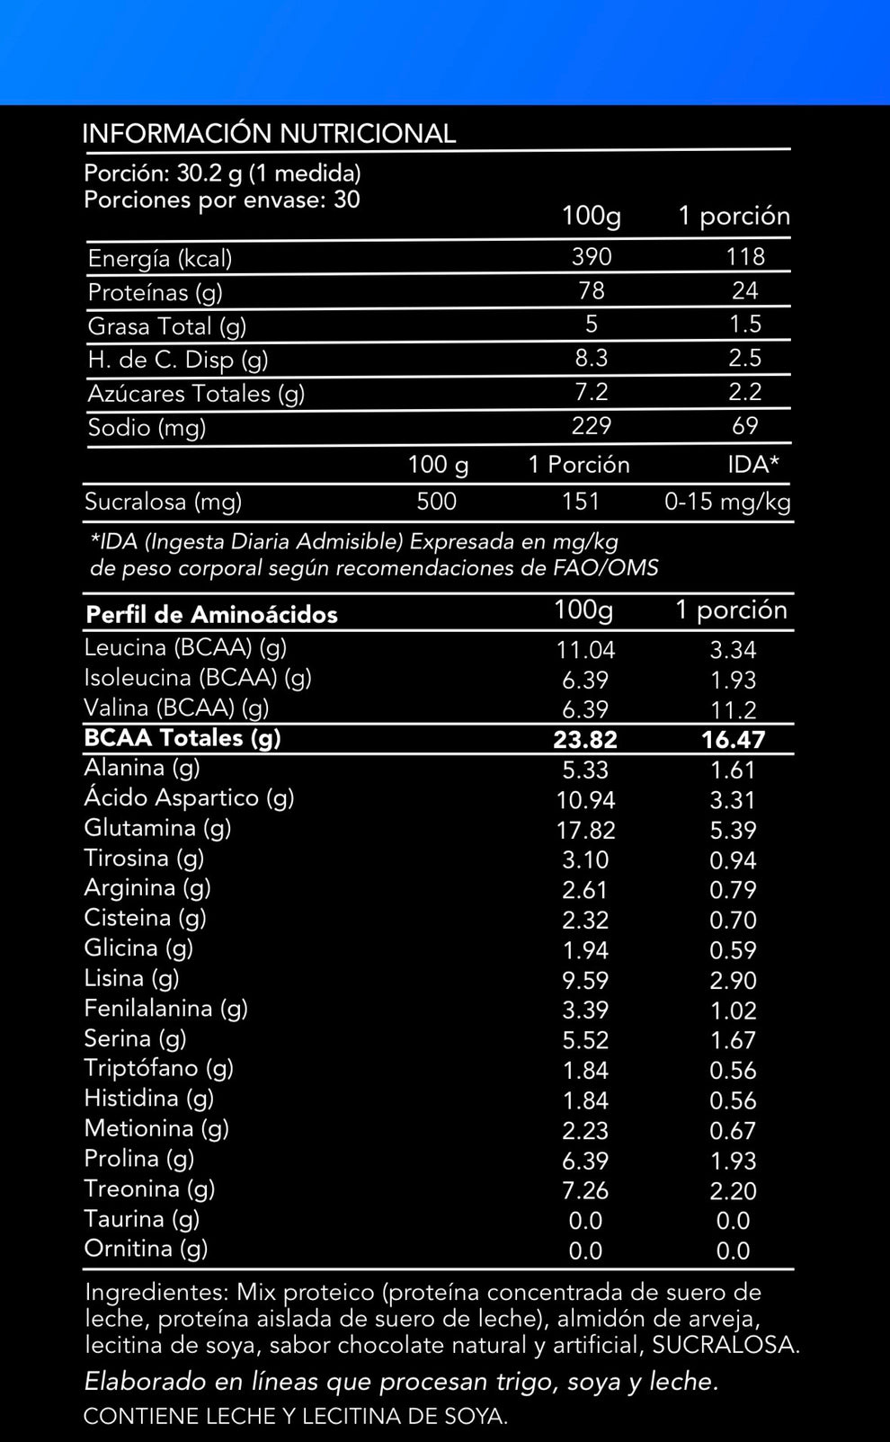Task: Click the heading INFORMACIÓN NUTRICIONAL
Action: (269, 134)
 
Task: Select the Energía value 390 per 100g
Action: (592, 257)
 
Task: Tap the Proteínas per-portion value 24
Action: (744, 290)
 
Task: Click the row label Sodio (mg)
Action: (147, 428)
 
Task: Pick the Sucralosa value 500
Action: (436, 502)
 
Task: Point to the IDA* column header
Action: (753, 465)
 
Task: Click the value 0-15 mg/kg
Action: (727, 502)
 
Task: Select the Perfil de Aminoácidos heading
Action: (211, 615)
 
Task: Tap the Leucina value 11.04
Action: (585, 650)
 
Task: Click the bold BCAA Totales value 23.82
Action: (585, 740)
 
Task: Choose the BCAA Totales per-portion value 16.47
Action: (733, 740)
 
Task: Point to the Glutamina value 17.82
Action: (585, 830)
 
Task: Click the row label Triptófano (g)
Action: (158, 1068)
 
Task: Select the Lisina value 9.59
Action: (585, 980)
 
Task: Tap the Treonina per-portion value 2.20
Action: (733, 1190)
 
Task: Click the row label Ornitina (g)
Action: (146, 1249)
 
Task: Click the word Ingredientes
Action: (155, 1293)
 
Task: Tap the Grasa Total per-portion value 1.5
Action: (744, 325)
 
